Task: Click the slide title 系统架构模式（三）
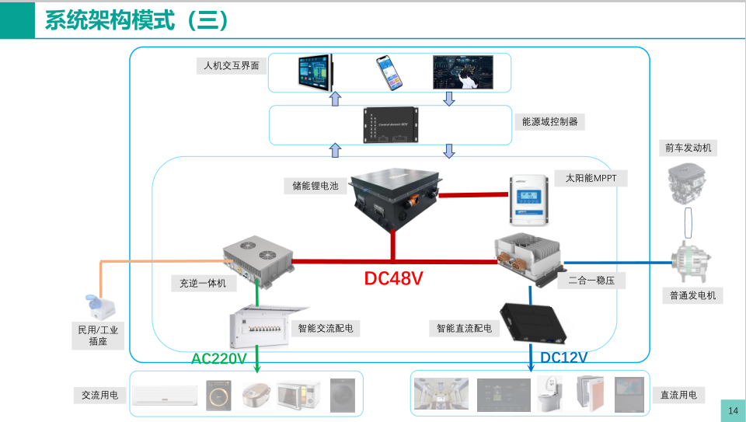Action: (137, 20)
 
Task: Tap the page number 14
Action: (733, 410)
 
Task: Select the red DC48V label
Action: (394, 278)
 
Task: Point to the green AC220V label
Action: (219, 358)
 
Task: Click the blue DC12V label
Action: (563, 357)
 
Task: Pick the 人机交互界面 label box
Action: (231, 66)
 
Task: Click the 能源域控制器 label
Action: (550, 122)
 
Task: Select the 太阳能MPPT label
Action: (591, 178)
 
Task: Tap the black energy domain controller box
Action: (392, 125)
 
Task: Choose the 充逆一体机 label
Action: (198, 284)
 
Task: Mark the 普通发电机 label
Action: (692, 295)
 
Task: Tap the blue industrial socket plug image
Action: (96, 305)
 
